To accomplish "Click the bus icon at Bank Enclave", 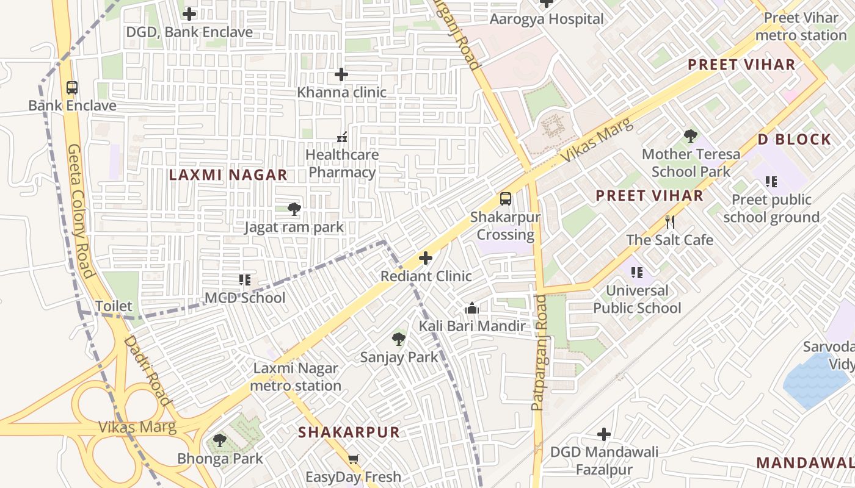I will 72,88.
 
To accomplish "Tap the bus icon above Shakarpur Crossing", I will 505,199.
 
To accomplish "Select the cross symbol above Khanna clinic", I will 341,75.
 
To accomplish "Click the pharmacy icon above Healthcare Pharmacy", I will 342,137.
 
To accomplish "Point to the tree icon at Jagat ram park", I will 294,210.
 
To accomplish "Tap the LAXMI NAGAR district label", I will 228,175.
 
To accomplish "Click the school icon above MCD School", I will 245,280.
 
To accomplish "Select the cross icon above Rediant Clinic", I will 426,259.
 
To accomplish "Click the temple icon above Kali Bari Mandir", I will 471,309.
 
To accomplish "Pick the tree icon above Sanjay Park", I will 399,339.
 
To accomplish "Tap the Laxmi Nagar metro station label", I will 296,377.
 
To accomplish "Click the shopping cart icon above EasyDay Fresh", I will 353,459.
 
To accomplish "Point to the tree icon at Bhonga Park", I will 220,440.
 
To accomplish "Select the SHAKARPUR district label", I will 349,432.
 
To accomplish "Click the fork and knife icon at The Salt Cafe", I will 670,222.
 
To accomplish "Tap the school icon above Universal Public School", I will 637,273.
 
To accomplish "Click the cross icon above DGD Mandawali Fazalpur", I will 604,434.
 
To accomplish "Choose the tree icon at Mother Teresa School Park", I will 691,136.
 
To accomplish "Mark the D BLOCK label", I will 795,140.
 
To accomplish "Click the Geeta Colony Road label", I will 80,211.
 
